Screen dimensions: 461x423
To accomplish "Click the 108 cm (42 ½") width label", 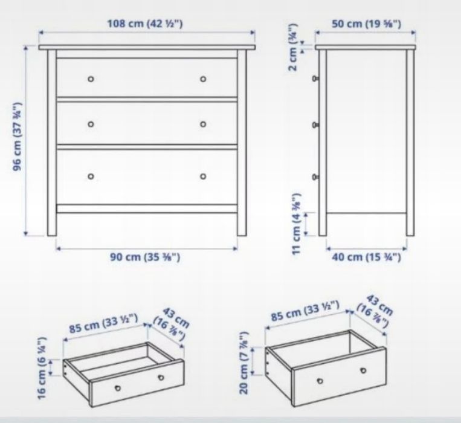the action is click(x=144, y=23).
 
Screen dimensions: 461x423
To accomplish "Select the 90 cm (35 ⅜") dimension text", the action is click(x=145, y=257).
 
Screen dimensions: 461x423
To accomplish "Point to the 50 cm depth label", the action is click(x=366, y=24).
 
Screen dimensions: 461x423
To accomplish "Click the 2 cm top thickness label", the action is click(x=294, y=48).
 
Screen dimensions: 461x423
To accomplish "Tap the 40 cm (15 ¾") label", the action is click(x=366, y=257).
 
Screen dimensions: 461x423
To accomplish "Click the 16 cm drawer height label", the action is click(x=42, y=368).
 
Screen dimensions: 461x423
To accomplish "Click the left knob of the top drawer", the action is click(x=91, y=79).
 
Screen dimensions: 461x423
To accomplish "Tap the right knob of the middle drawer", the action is click(x=203, y=124).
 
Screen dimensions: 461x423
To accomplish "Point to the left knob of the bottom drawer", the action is click(x=91, y=176).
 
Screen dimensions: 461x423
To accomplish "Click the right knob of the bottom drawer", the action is click(x=203, y=176).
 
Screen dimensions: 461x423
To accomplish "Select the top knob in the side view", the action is click(x=316, y=79).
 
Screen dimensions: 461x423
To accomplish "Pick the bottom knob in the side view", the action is click(x=316, y=177).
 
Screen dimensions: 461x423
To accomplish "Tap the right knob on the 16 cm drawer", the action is click(x=161, y=378).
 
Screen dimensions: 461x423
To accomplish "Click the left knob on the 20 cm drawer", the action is click(x=320, y=381).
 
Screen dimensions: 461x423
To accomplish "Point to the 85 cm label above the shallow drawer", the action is click(x=103, y=323).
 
